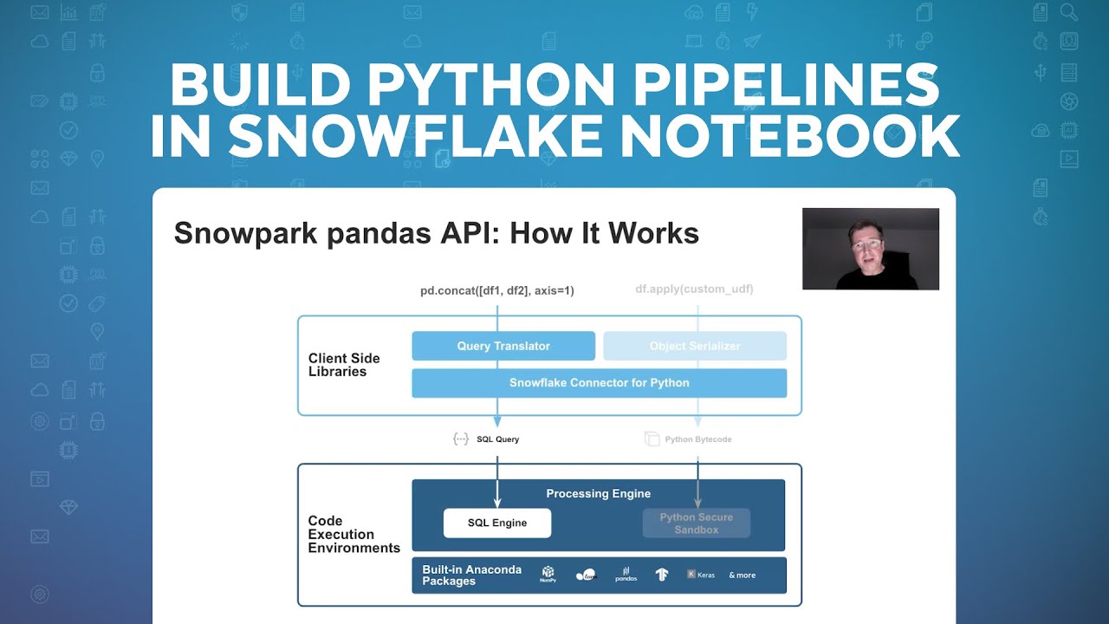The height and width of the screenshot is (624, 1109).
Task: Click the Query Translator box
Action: [503, 346]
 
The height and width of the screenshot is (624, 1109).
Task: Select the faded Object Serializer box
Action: [695, 346]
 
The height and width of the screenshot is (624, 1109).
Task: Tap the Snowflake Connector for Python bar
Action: [599, 383]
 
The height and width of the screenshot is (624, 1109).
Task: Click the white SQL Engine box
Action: [497, 523]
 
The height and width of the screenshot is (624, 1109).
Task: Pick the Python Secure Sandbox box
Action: [696, 523]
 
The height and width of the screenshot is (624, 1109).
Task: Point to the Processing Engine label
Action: [598, 494]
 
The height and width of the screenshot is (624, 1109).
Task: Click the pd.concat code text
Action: [497, 290]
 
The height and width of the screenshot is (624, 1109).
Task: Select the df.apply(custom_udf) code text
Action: [694, 289]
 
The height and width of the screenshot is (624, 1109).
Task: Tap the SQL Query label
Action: [497, 439]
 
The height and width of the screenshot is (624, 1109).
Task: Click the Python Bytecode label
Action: [697, 439]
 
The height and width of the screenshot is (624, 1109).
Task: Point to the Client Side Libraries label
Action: [344, 365]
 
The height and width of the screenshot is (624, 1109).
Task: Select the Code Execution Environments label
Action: [353, 535]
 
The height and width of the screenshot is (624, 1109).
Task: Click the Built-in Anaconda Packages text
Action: [471, 575]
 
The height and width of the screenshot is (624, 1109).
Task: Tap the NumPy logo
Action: [548, 575]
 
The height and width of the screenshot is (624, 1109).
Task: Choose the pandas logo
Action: [626, 575]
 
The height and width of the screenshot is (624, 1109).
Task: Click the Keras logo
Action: [701, 575]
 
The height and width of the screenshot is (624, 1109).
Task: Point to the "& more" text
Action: [742, 575]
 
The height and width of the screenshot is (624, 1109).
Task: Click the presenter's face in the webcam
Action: [866, 246]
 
